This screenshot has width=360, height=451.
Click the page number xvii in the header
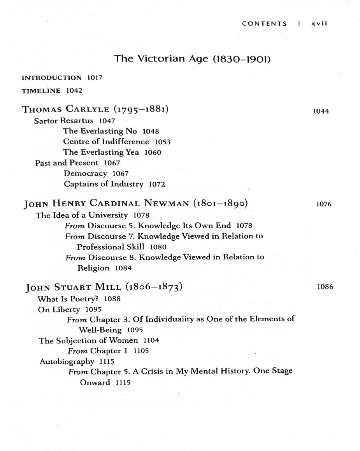(319, 23)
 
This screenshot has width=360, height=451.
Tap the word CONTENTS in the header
(264, 23)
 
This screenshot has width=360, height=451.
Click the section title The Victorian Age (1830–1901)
(192, 59)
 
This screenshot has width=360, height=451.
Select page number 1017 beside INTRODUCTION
(95, 78)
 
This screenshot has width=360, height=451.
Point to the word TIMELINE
(41, 91)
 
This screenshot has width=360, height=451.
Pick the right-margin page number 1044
(321, 111)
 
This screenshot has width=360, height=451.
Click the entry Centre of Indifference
(106, 142)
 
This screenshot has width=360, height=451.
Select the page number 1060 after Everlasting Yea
(153, 153)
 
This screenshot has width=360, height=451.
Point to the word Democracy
(85, 173)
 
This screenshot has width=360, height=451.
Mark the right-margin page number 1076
(323, 204)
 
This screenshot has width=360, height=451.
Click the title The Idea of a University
(82, 215)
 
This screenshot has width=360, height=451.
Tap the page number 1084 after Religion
(123, 268)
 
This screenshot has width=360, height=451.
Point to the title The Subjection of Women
(88, 340)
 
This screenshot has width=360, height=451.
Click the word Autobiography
(67, 361)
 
